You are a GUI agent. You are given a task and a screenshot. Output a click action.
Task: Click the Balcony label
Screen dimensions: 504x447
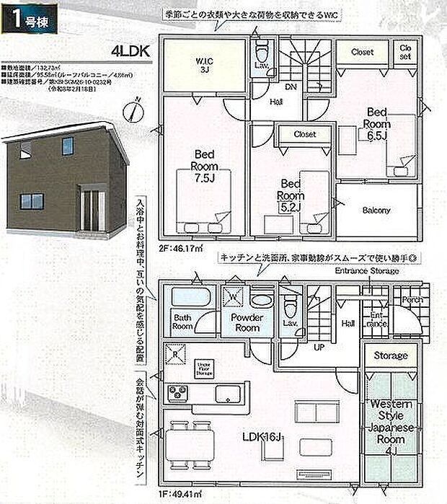pyautogui.click(x=376, y=211)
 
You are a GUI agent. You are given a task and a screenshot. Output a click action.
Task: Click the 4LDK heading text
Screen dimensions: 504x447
pyautogui.click(x=130, y=51)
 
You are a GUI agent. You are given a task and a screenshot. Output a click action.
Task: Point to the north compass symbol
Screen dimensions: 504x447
pyautogui.click(x=130, y=112)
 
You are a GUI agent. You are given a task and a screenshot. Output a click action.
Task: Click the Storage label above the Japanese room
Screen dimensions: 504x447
pyautogui.click(x=391, y=355)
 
